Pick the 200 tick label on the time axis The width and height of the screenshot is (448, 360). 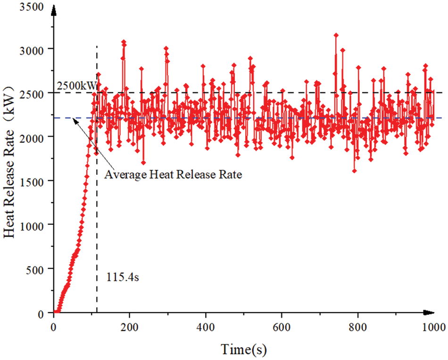coord(129,327)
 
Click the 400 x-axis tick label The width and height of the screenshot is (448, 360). coord(205,327)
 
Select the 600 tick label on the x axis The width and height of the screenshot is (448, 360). coord(282,327)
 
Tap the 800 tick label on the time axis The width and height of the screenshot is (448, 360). coord(358,327)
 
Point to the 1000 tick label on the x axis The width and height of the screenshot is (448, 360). coord(432,327)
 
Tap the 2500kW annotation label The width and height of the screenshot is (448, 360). coord(76,87)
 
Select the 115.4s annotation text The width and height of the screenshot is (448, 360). coord(122,277)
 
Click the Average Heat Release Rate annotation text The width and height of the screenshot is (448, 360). coord(173,175)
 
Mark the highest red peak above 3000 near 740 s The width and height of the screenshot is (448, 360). coord(336,35)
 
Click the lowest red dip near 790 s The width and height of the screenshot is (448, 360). coord(354,171)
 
